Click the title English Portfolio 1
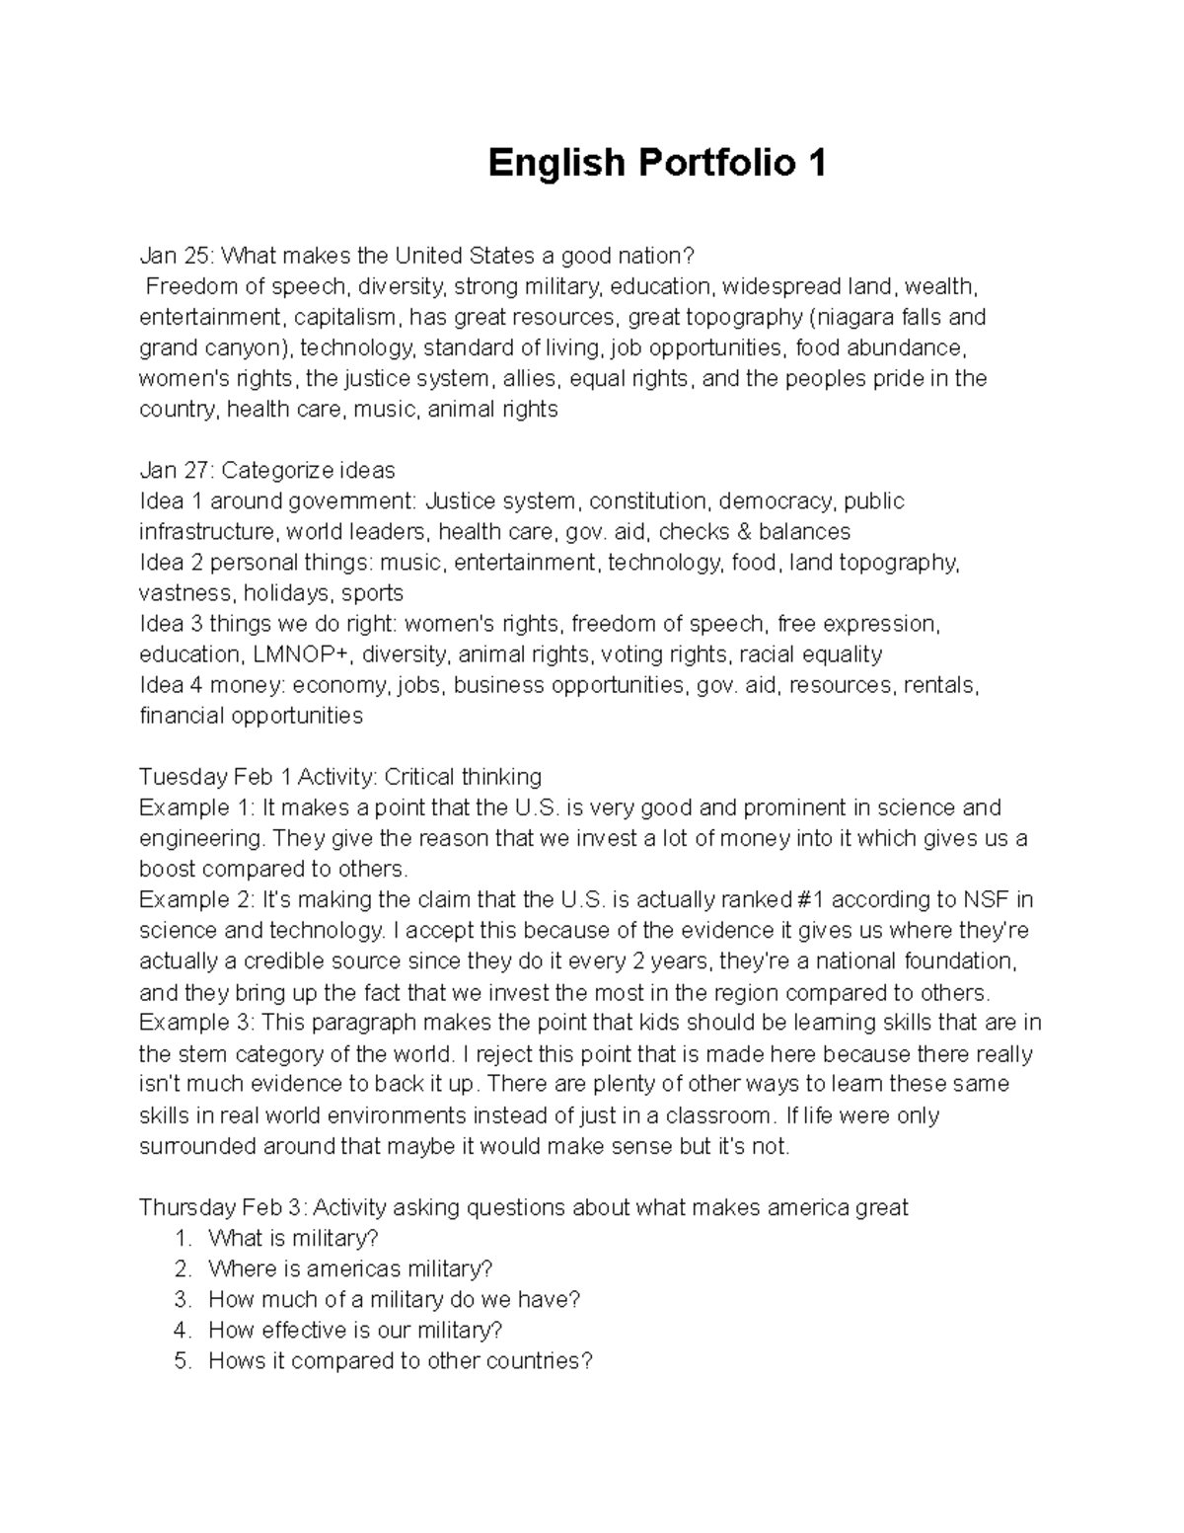pos(657,163)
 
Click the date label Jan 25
pos(174,257)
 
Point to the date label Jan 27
pos(174,471)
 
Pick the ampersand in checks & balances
pos(741,532)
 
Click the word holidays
pos(286,593)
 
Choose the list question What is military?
pos(293,1238)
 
